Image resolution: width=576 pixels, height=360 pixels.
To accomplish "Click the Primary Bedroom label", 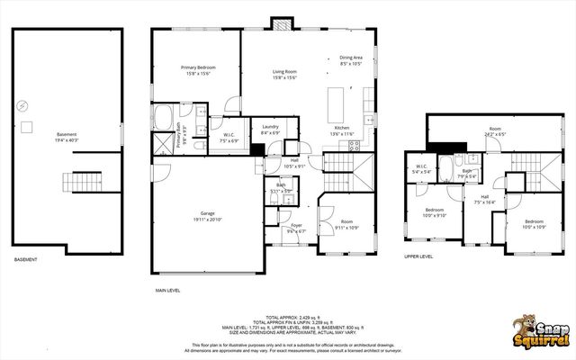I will click(195, 70).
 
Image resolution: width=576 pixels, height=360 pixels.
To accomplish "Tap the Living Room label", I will click(284, 74).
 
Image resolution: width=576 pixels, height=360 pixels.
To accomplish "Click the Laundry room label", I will click(270, 130).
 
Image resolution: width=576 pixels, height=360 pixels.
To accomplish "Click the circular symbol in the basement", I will click(22, 103).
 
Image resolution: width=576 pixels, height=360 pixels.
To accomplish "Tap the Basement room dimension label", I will click(67, 138).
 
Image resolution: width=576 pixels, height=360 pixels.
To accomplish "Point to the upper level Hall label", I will click(484, 200).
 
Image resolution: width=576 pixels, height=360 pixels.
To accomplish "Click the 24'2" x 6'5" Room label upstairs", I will click(494, 131).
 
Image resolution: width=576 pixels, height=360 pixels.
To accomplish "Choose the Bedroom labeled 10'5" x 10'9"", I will click(535, 223).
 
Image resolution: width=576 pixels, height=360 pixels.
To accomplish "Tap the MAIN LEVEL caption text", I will click(167, 291).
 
